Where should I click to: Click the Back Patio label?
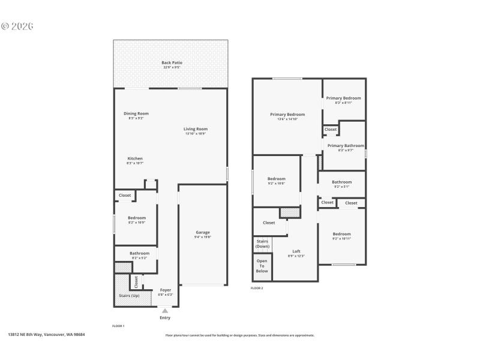click(x=172, y=62)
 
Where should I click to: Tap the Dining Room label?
click(x=136, y=113)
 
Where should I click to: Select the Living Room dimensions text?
click(x=196, y=133)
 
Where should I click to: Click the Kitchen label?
click(x=134, y=158)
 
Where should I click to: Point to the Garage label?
click(x=203, y=232)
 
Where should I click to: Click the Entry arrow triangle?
click(x=165, y=311)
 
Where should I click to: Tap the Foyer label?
click(x=165, y=290)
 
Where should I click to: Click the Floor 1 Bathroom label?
click(x=139, y=253)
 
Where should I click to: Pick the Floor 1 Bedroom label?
click(x=137, y=218)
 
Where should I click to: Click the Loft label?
click(x=296, y=251)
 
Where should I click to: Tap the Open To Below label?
click(x=262, y=266)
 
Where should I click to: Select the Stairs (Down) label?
click(x=262, y=244)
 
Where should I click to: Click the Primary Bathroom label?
click(x=346, y=146)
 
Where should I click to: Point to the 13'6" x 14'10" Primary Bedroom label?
click(x=287, y=115)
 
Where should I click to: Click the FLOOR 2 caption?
click(x=257, y=288)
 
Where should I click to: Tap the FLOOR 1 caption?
click(x=118, y=325)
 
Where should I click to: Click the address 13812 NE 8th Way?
click(x=46, y=335)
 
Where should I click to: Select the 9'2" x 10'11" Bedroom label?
click(x=341, y=234)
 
